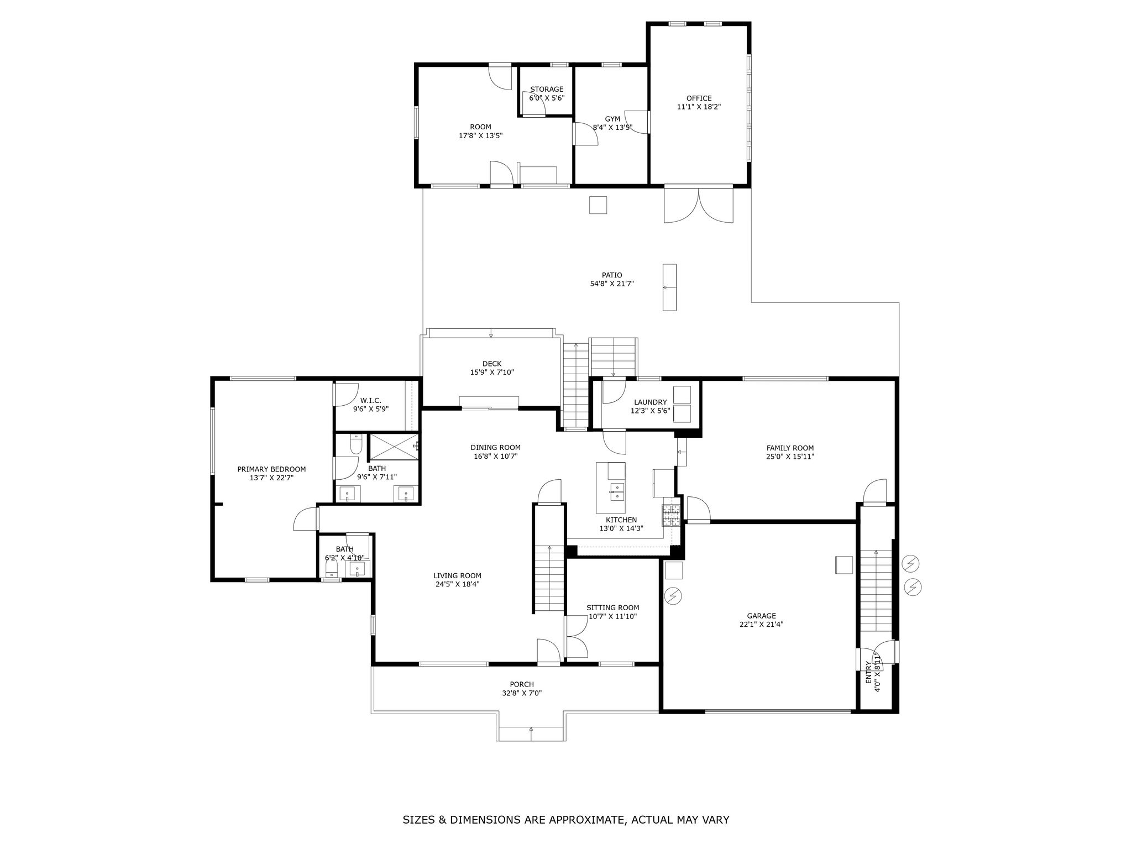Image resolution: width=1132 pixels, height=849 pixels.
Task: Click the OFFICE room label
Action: tap(699, 98)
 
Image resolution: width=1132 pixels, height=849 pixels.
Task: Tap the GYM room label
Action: tap(612, 119)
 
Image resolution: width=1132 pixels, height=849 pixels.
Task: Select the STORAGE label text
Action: tap(547, 89)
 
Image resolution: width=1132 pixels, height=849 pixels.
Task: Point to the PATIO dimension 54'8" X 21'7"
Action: tap(612, 284)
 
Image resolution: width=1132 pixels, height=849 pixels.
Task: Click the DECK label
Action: tap(492, 364)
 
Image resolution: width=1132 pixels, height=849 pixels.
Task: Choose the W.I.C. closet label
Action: tap(371, 401)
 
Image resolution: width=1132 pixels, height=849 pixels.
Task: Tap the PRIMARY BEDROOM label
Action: tap(271, 469)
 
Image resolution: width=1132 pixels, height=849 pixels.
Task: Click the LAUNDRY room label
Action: tap(651, 402)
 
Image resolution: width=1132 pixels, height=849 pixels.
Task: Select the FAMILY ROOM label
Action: tap(790, 448)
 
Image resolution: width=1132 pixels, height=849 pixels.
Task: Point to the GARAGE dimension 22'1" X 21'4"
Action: tap(761, 625)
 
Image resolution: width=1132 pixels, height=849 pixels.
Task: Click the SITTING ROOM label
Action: tap(612, 608)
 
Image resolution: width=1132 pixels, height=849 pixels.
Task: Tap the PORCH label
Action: tap(522, 684)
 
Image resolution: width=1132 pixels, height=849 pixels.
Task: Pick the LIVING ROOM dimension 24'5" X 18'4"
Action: tap(457, 584)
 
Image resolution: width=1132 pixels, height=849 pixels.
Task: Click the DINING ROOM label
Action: tap(495, 448)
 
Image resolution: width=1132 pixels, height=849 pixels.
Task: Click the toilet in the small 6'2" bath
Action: tap(332, 567)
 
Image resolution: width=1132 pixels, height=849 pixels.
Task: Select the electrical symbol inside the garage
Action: tap(674, 596)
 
